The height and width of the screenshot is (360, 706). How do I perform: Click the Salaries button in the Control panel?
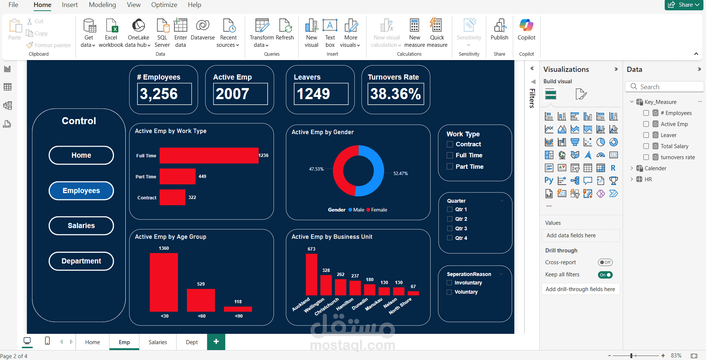81,226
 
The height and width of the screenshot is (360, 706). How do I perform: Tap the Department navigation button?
81,261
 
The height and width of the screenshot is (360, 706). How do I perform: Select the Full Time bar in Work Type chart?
209,155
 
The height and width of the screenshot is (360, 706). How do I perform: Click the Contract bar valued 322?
172,198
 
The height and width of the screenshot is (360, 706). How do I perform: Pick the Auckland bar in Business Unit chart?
311,274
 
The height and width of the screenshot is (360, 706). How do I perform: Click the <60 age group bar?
201,300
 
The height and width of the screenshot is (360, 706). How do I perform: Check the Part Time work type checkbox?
450,167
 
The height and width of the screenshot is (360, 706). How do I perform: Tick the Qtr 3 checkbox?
450,228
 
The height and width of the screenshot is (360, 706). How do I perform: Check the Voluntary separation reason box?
449,292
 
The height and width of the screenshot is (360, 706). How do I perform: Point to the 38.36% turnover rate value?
396,94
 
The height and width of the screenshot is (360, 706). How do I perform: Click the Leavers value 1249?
313,94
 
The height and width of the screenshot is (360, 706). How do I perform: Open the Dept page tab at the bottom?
192,342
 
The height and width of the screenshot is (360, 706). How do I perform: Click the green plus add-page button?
216,342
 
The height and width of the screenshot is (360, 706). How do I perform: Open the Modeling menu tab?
102,5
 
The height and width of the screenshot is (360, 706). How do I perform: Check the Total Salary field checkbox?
646,146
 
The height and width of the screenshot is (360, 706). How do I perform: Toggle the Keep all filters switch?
605,275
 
